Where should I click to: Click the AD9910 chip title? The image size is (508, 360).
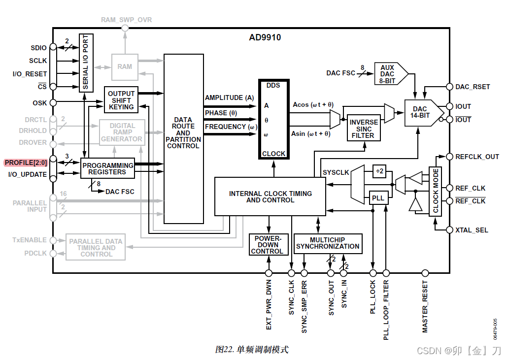tap(265, 37)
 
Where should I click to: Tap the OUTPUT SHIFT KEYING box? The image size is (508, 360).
tap(121, 100)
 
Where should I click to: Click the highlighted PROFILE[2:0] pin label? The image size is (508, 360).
tap(26, 163)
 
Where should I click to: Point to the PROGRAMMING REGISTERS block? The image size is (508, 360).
tap(107, 168)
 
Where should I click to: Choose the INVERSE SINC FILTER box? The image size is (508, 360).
tap(364, 129)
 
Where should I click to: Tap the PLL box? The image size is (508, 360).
tap(377, 198)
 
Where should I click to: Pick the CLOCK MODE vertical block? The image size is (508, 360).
tap(436, 191)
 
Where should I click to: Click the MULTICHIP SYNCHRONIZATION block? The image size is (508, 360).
tap(328, 243)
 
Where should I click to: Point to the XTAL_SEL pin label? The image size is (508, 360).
tap(472, 230)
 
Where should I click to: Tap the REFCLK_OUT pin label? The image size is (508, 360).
tap(477, 157)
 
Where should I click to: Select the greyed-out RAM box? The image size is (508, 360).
tap(125, 66)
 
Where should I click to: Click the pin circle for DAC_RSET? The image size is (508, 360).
tap(449, 87)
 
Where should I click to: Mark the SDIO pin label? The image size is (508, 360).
tap(38, 48)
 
